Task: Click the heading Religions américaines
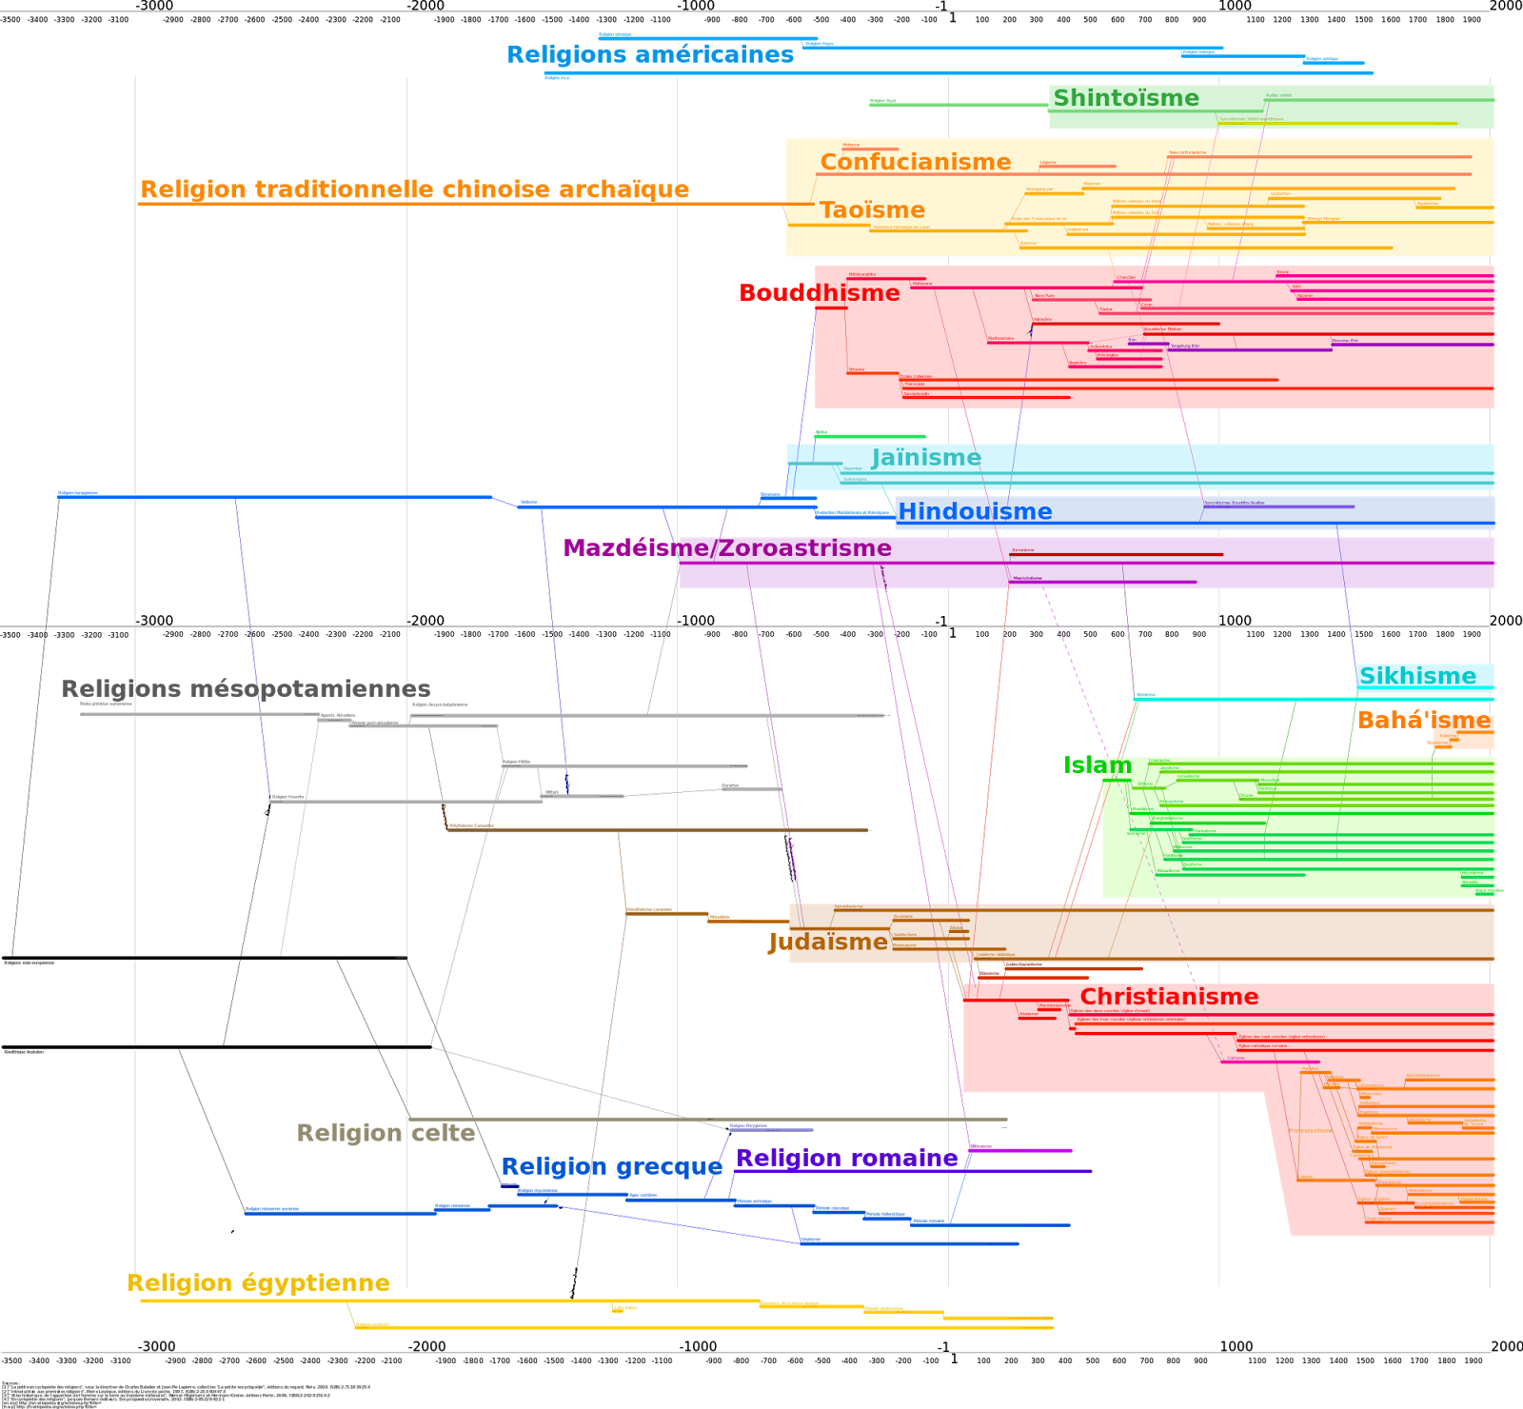650,55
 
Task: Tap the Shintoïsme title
1126,98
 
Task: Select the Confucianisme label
915,162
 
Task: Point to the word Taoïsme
872,210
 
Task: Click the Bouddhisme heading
819,293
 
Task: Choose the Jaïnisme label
926,458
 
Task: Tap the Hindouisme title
975,512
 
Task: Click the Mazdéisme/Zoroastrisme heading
727,548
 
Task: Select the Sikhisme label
1417,677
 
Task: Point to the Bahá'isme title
1424,721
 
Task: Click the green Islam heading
1098,765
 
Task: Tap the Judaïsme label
828,943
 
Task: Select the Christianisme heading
1169,997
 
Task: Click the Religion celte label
386,1133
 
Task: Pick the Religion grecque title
611,1167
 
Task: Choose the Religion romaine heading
846,1159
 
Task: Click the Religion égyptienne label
259,1283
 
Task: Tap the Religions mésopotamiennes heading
246,689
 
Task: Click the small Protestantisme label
1310,1131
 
